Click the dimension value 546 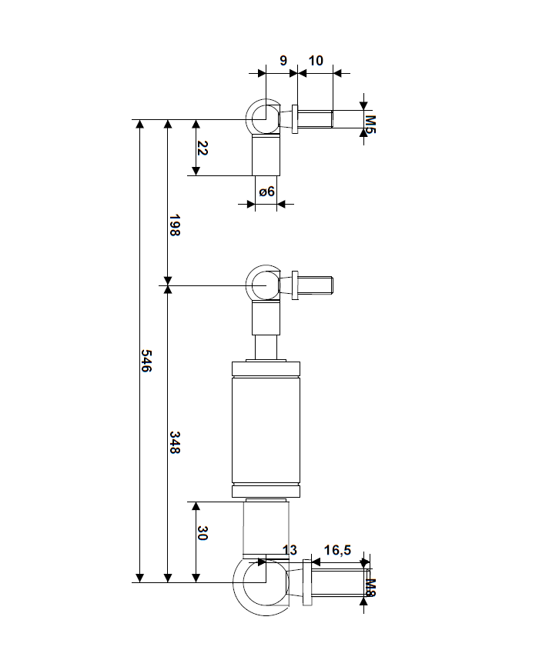tap(146, 361)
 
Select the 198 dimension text tap(174, 225)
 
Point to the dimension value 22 tap(203, 148)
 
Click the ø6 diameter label tap(266, 192)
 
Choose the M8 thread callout tap(370, 588)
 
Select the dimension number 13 tap(290, 550)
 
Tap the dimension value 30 tap(203, 534)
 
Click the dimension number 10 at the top tap(316, 60)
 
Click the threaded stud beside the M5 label tap(315, 118)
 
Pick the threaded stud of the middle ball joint tap(315, 285)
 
